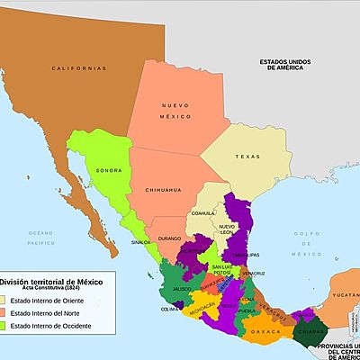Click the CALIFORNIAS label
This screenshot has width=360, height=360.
pyautogui.click(x=79, y=68)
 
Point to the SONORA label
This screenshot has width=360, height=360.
pyautogui.click(x=108, y=169)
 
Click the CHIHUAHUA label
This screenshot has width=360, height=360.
pyautogui.click(x=163, y=190)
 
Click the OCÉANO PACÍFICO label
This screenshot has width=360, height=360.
pyautogui.click(x=40, y=238)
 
